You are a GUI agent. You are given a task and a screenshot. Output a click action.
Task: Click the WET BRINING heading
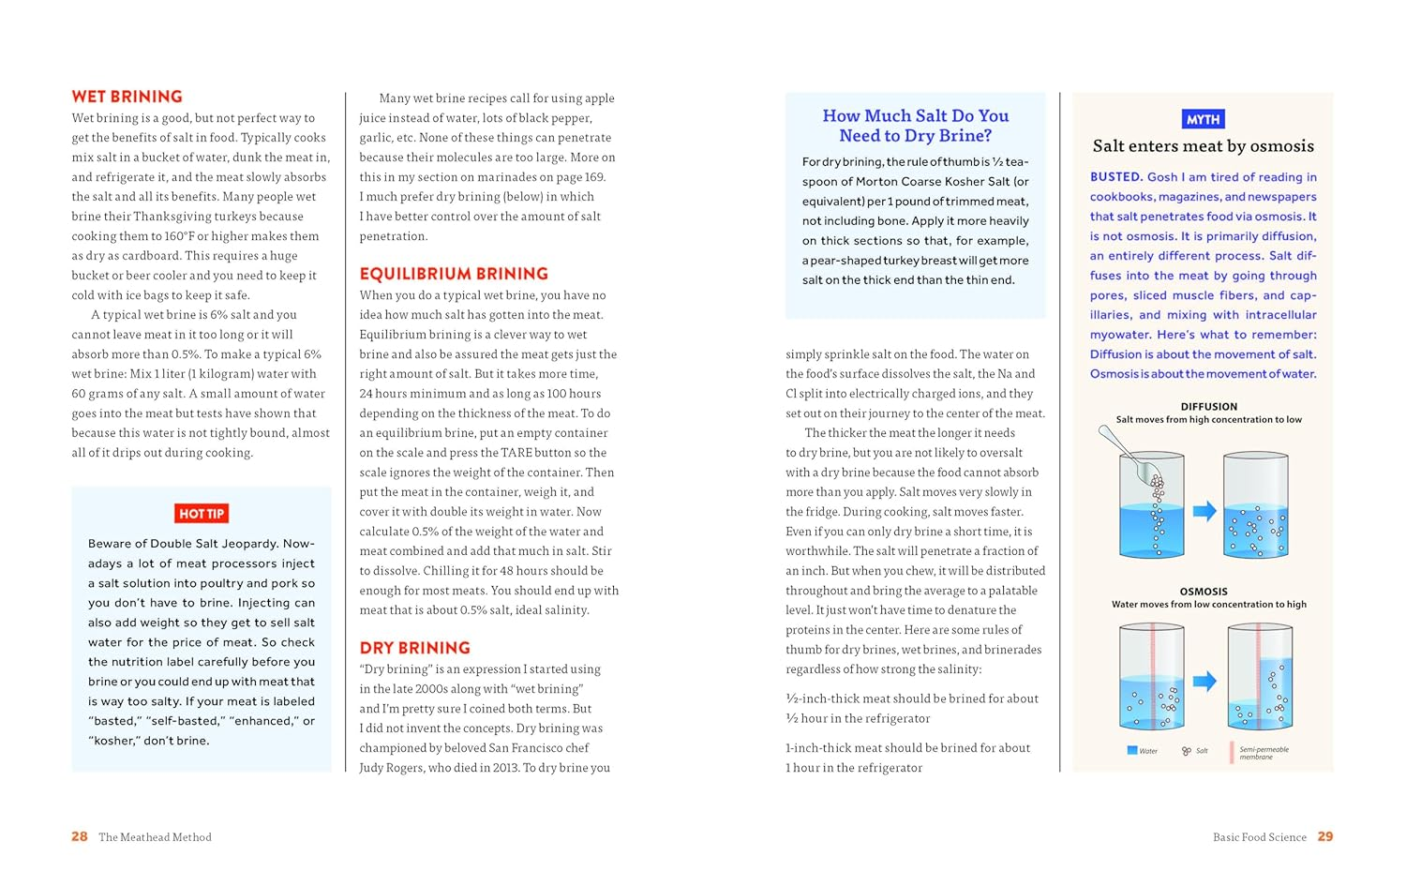(x=127, y=97)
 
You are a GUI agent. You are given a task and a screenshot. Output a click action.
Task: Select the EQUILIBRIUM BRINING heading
(x=454, y=274)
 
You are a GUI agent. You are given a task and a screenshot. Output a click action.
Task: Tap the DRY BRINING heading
(x=414, y=648)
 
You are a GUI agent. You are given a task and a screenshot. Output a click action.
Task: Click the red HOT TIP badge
(x=202, y=514)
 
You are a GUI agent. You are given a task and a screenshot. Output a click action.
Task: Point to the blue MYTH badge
(x=1203, y=119)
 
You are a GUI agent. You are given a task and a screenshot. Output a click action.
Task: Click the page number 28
(x=80, y=836)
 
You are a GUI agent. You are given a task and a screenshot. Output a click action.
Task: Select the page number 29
(x=1324, y=836)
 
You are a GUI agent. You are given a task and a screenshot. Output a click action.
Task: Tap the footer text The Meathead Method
(x=155, y=837)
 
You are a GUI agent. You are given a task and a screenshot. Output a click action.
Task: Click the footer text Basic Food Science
(x=1259, y=837)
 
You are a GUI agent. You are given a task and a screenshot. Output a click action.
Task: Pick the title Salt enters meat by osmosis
(x=1203, y=146)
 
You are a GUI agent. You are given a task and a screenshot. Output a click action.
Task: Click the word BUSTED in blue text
(x=1115, y=177)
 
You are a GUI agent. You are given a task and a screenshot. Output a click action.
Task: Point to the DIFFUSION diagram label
(x=1208, y=407)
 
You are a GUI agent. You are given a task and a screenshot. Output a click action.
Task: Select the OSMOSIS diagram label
(x=1204, y=592)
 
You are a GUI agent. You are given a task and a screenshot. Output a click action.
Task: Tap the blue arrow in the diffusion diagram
(x=1204, y=511)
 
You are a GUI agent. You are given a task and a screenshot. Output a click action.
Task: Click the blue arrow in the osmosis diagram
(x=1204, y=681)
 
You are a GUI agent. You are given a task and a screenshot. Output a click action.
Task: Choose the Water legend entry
(x=1142, y=751)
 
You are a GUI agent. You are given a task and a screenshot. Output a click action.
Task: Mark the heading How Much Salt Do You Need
(x=915, y=126)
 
